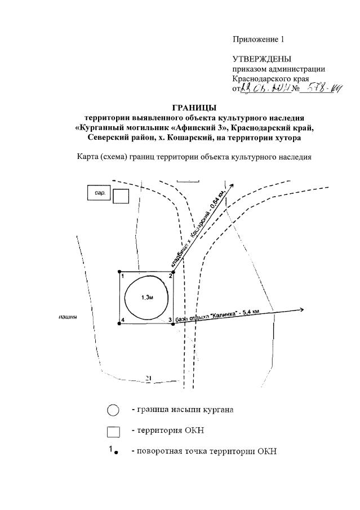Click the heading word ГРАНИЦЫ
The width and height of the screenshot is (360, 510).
[x=194, y=108]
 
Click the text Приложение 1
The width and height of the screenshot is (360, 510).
[x=259, y=39]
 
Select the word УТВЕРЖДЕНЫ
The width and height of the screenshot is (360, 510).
[x=262, y=59]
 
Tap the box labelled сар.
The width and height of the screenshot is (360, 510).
[x=98, y=193]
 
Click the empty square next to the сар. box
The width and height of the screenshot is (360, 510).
[x=121, y=196]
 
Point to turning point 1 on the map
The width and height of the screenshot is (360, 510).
[x=119, y=272]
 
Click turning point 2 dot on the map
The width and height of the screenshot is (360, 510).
[x=174, y=272]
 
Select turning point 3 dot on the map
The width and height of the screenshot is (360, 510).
[x=174, y=323]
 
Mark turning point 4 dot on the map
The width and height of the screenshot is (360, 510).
[x=119, y=323]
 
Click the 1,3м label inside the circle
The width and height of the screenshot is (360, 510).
[x=146, y=298]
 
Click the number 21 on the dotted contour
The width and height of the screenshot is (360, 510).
[x=149, y=378]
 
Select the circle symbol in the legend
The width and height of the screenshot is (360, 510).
[x=113, y=410]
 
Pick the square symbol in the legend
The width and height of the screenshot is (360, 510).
[x=113, y=432]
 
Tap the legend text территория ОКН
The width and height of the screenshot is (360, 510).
[x=167, y=431]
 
